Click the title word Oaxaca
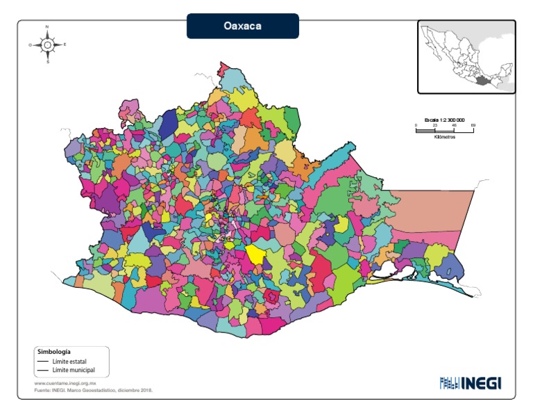click(x=242, y=26)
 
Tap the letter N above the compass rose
click(x=47, y=26)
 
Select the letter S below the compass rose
click(x=47, y=62)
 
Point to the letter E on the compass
click(x=65, y=44)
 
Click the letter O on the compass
click(x=30, y=44)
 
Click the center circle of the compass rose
click(x=47, y=44)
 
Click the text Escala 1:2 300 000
click(x=444, y=120)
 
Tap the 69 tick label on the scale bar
click(x=473, y=125)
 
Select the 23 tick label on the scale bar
click(x=434, y=125)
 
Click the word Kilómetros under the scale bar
click(x=444, y=137)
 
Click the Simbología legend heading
click(x=54, y=352)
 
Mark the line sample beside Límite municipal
click(x=43, y=371)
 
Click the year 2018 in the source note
click(x=146, y=390)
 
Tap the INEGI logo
click(x=470, y=383)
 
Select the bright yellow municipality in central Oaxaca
click(x=255, y=254)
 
